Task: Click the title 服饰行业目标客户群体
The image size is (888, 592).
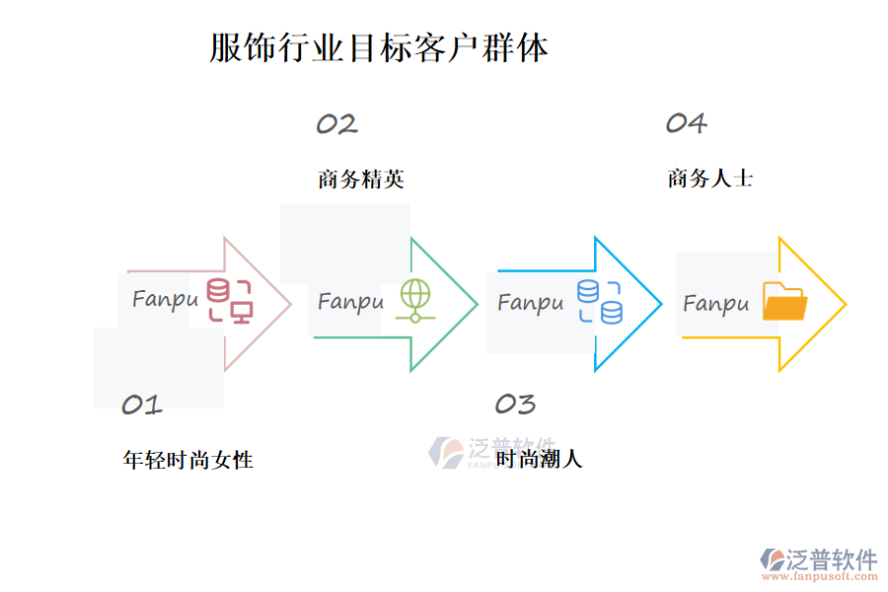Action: coord(379,47)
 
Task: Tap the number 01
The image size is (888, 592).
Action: coord(141,405)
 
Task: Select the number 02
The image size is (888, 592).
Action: coord(336,124)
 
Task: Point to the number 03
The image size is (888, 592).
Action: coord(514,404)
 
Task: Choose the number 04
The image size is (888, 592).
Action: coord(686,123)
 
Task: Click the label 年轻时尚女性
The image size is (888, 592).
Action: coord(187,460)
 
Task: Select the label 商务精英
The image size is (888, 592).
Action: coord(361,180)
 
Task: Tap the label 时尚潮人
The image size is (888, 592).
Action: coord(539,459)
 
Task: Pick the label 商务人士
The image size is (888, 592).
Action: coord(710,179)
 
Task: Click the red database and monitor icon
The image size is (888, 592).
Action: coord(229,301)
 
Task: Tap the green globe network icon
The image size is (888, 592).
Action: coord(415,301)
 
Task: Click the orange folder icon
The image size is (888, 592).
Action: coord(784,302)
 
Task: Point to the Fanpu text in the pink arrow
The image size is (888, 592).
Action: coord(165,299)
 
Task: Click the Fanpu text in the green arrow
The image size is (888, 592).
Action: coord(350,301)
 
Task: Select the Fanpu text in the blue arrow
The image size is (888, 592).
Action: coord(531,302)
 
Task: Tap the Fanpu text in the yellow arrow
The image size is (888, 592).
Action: coord(716,304)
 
